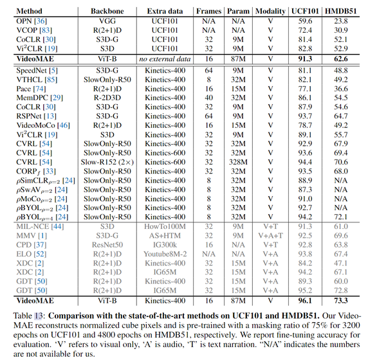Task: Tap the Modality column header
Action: pyautogui.click(x=271, y=12)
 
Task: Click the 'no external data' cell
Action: pyautogui.click(x=165, y=58)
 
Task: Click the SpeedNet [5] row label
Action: pyautogui.click(x=34, y=71)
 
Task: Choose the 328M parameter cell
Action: pyautogui.click(x=235, y=163)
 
